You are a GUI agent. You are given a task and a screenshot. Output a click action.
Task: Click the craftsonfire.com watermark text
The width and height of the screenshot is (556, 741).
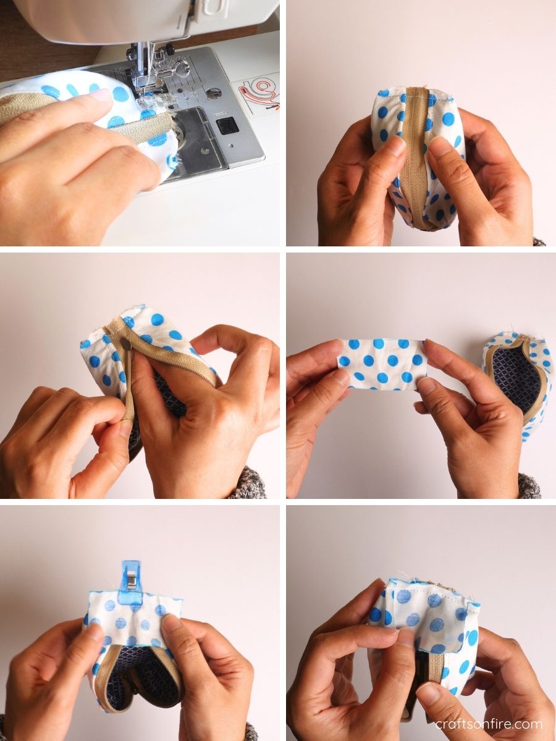tap(489, 724)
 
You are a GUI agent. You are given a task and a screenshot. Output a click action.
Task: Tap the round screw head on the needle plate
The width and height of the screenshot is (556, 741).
tap(213, 93)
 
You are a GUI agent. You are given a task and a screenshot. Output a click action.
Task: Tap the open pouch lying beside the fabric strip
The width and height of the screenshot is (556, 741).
tap(518, 383)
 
